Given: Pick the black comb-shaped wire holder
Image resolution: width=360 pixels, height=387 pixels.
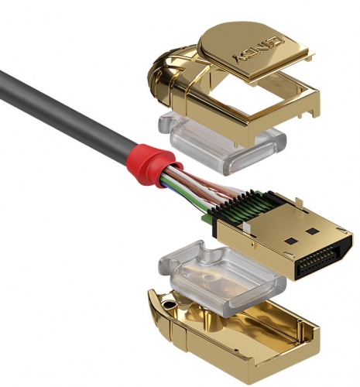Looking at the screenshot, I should pyautogui.click(x=232, y=207).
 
